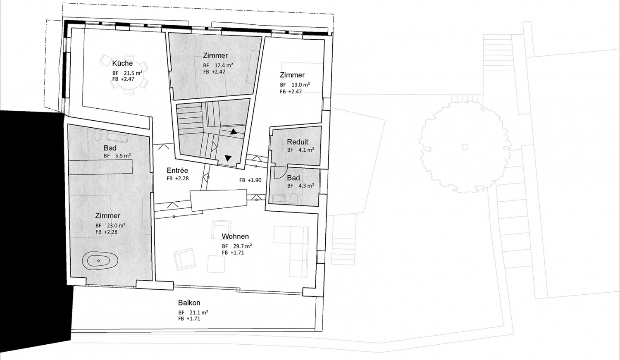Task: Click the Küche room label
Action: (122, 63)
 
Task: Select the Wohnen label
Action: (235, 236)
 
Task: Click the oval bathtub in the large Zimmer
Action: (100, 261)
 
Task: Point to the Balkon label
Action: (189, 303)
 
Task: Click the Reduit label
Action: (298, 142)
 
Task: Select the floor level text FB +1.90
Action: (250, 180)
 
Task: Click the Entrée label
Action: (177, 170)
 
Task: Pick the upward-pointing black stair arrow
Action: (234, 132)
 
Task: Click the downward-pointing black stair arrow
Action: (228, 158)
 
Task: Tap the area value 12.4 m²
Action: (224, 65)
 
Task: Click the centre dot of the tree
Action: (465, 147)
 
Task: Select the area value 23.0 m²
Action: (116, 225)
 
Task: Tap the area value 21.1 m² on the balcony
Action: (198, 312)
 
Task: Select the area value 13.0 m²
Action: (300, 85)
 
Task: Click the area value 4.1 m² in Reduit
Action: (306, 150)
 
